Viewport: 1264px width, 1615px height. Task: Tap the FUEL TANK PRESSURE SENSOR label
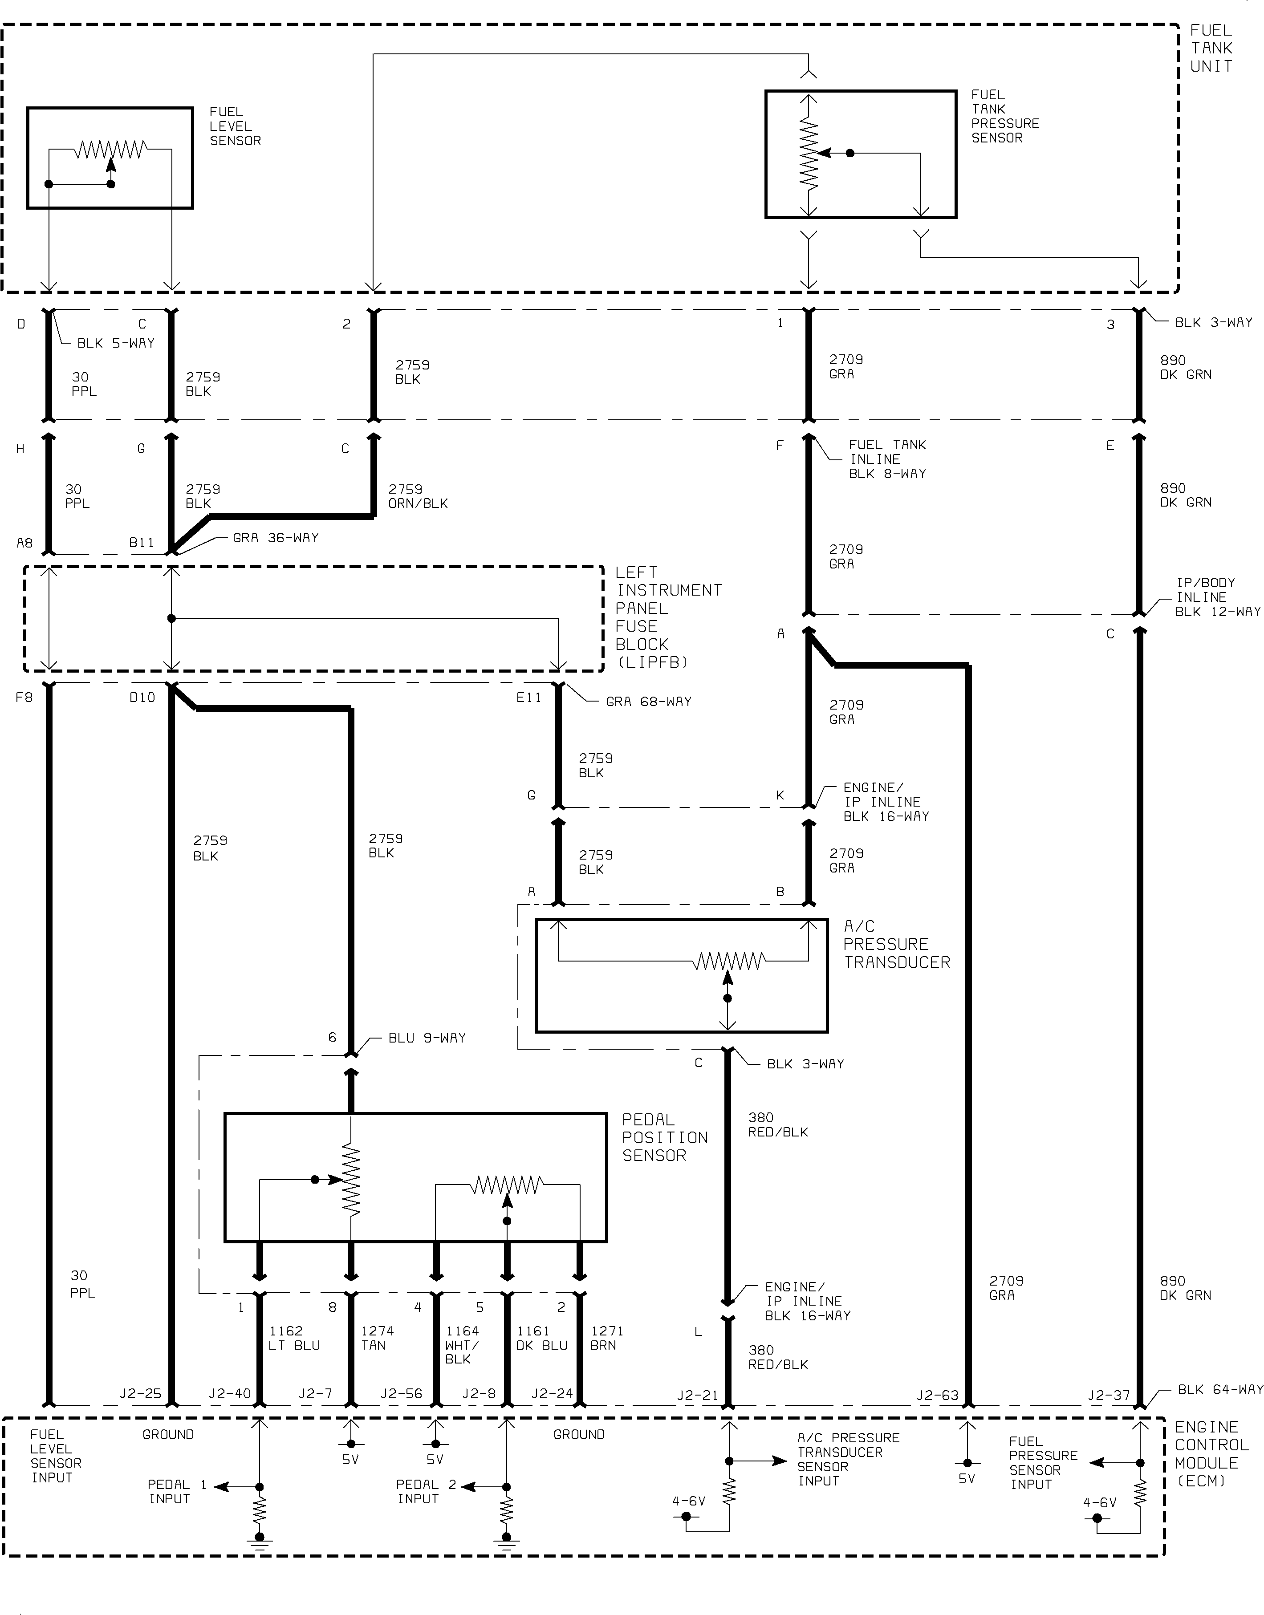pyautogui.click(x=1005, y=116)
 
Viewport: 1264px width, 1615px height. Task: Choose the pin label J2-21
pyautogui.click(x=698, y=1395)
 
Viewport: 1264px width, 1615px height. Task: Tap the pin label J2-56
pyautogui.click(x=401, y=1394)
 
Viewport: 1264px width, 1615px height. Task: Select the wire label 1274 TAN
pyautogui.click(x=378, y=1338)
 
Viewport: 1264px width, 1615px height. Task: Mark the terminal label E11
pyautogui.click(x=528, y=698)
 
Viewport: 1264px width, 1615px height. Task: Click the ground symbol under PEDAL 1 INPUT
pyautogui.click(x=260, y=1543)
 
